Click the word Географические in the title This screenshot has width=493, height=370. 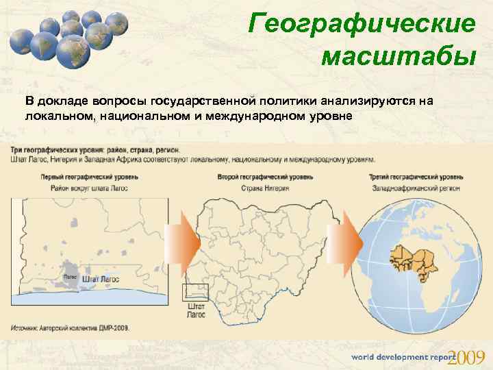[362, 24]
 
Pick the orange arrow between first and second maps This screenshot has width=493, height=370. [188, 243]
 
